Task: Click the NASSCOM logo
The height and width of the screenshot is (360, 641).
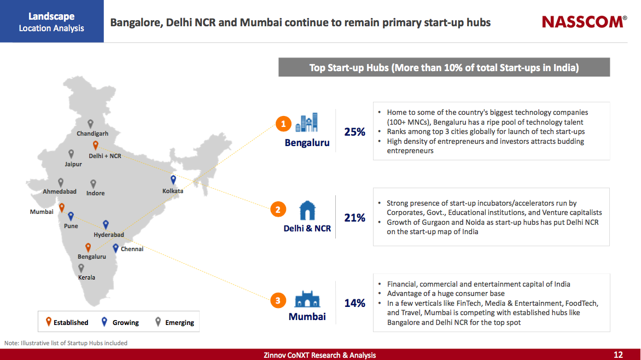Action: pyautogui.click(x=584, y=22)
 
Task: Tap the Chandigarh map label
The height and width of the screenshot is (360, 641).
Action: pyautogui.click(x=92, y=133)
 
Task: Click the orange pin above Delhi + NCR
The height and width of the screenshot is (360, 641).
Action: pyautogui.click(x=96, y=146)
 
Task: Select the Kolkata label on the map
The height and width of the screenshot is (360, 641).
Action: pyautogui.click(x=173, y=191)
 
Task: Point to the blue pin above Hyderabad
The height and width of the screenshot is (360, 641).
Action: pyautogui.click(x=106, y=224)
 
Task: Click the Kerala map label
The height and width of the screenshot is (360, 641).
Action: pyautogui.click(x=86, y=277)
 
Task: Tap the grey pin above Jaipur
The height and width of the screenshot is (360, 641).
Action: pyautogui.click(x=71, y=154)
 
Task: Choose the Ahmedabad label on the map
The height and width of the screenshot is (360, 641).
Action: pyautogui.click(x=60, y=191)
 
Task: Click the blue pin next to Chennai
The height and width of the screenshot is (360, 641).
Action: pyautogui.click(x=115, y=248)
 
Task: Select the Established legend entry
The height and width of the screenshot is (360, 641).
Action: pyautogui.click(x=67, y=322)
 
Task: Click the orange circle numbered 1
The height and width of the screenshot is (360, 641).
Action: pyautogui.click(x=283, y=125)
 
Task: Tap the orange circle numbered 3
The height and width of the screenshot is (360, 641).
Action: pyautogui.click(x=278, y=300)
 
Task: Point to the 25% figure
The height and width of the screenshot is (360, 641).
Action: pyautogui.click(x=354, y=132)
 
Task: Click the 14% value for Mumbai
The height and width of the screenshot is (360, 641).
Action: pyautogui.click(x=354, y=303)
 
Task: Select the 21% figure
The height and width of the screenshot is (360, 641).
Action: pyautogui.click(x=354, y=218)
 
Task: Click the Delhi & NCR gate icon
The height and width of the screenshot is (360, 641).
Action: pyautogui.click(x=307, y=211)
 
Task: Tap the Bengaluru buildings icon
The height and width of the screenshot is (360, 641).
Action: pyautogui.click(x=307, y=123)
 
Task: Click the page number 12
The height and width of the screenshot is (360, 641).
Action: pyautogui.click(x=618, y=355)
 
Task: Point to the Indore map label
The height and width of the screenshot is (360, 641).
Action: pyautogui.click(x=95, y=193)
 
